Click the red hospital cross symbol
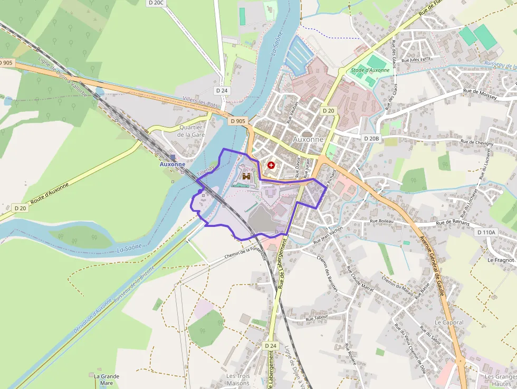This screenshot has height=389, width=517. (x=271, y=165)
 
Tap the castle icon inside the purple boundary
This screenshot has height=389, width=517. (x=246, y=177)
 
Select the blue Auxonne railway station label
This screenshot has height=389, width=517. (x=173, y=164)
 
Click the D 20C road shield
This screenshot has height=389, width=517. (x=157, y=3)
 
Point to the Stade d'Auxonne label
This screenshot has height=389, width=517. (x=370, y=70)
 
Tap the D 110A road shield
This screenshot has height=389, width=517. (x=486, y=232)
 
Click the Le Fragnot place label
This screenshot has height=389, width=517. (x=501, y=260)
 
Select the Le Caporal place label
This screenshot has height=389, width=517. (x=449, y=322)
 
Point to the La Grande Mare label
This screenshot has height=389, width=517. (x=107, y=379)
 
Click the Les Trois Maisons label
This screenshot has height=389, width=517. (x=238, y=379)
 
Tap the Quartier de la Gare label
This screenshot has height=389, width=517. (x=191, y=131)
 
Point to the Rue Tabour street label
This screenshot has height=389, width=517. (x=317, y=318)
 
